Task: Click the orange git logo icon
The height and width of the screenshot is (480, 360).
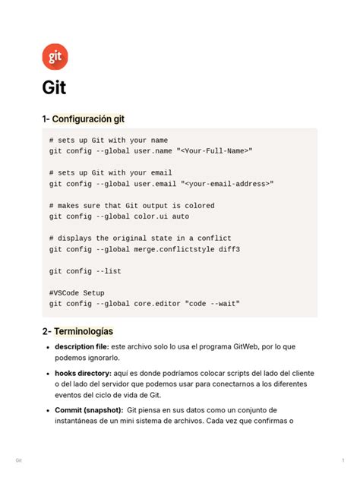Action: [55, 56]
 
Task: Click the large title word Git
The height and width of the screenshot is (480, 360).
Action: [54, 87]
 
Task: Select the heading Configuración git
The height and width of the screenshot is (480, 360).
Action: [88, 119]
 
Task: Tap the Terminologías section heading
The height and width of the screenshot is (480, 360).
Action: [83, 331]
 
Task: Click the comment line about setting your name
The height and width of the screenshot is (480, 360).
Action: [108, 141]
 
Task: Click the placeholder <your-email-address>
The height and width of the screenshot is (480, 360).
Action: [229, 184]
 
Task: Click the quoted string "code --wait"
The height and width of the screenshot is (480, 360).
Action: [216, 304]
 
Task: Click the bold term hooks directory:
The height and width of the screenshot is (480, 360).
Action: [83, 374]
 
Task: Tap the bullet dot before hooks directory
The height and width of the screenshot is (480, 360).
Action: [49, 374]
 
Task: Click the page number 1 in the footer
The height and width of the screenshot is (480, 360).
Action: [344, 461]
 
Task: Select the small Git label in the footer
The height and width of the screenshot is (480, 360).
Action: [18, 461]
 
